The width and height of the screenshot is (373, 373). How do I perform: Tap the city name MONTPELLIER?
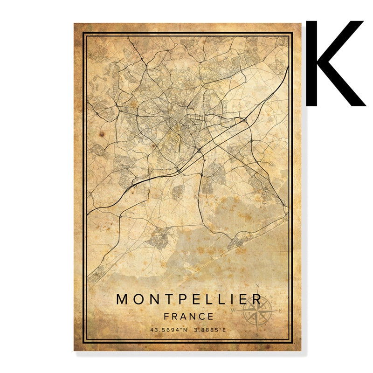coord(189,299)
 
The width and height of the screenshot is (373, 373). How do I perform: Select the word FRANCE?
coord(189,316)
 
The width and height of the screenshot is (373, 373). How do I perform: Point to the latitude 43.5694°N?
coord(169,330)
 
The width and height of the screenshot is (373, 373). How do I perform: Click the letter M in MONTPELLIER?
coord(122,299)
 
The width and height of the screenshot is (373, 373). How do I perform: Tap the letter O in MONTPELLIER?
coord(138,299)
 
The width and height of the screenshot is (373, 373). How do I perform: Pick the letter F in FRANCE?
coord(167,316)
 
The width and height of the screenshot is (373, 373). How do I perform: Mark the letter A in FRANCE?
coord(183,316)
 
